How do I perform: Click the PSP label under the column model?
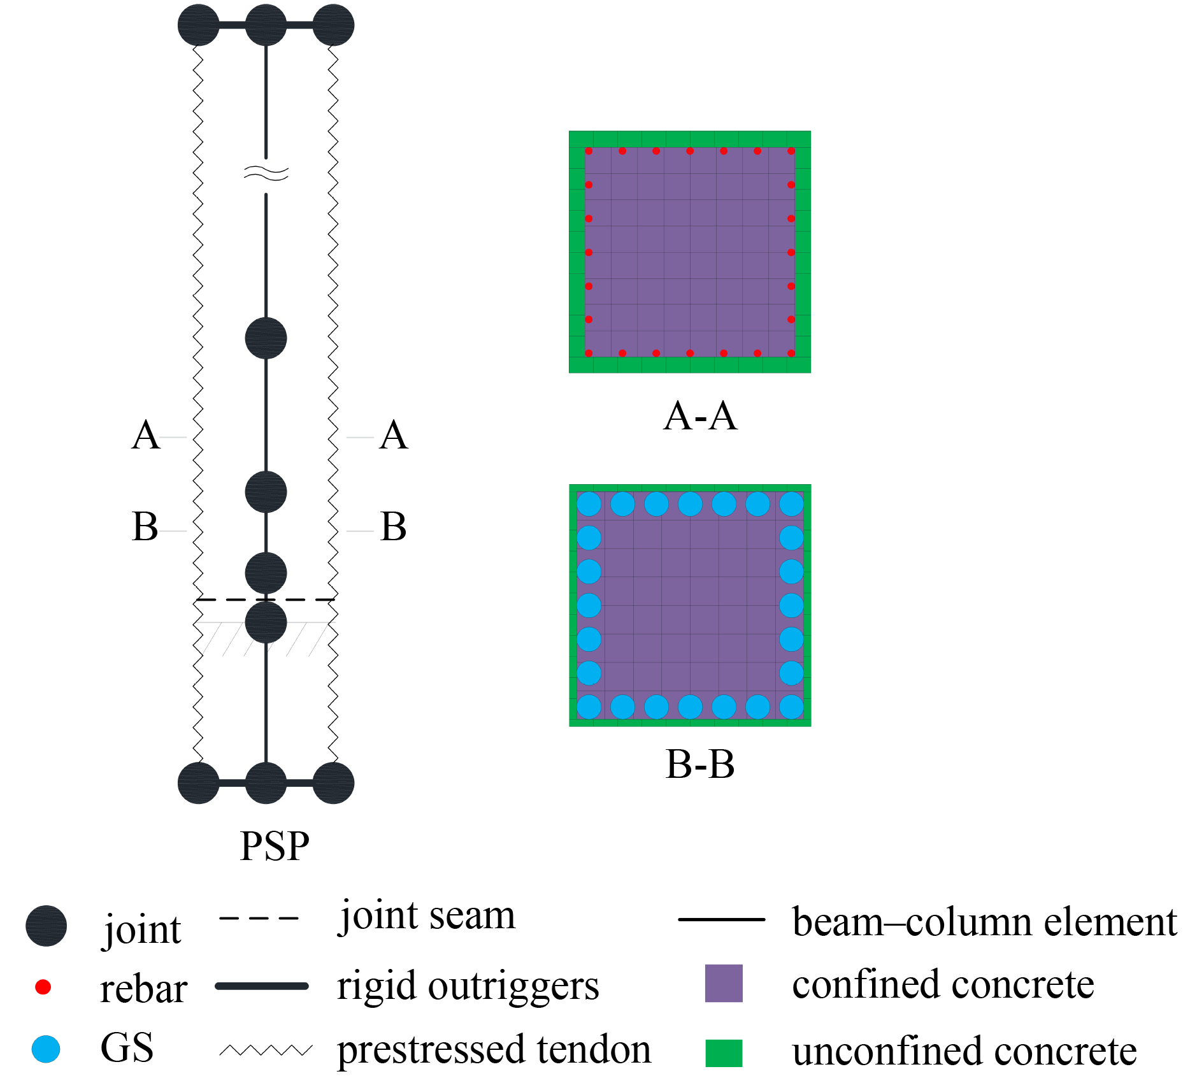coord(275,846)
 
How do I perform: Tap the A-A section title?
coord(700,417)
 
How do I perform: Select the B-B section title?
coord(700,764)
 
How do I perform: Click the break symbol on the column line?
coord(266,173)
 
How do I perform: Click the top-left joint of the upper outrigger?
coord(199,25)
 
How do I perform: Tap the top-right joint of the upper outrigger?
coord(333,25)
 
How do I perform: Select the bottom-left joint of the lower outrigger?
coord(199,783)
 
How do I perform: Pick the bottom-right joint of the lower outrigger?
coord(333,783)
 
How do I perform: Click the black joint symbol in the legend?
coord(46,926)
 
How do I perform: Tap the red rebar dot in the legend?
coord(43,987)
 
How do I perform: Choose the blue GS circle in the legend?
coord(46,1049)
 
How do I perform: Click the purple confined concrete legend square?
coord(724,984)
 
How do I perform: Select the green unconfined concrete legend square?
coord(724,1052)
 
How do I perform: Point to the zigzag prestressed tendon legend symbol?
coord(266,1050)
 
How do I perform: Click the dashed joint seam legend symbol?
coord(259,918)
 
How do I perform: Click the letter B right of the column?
coord(393,527)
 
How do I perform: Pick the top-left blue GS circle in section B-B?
coord(589,504)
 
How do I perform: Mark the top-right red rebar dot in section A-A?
coord(791,152)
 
